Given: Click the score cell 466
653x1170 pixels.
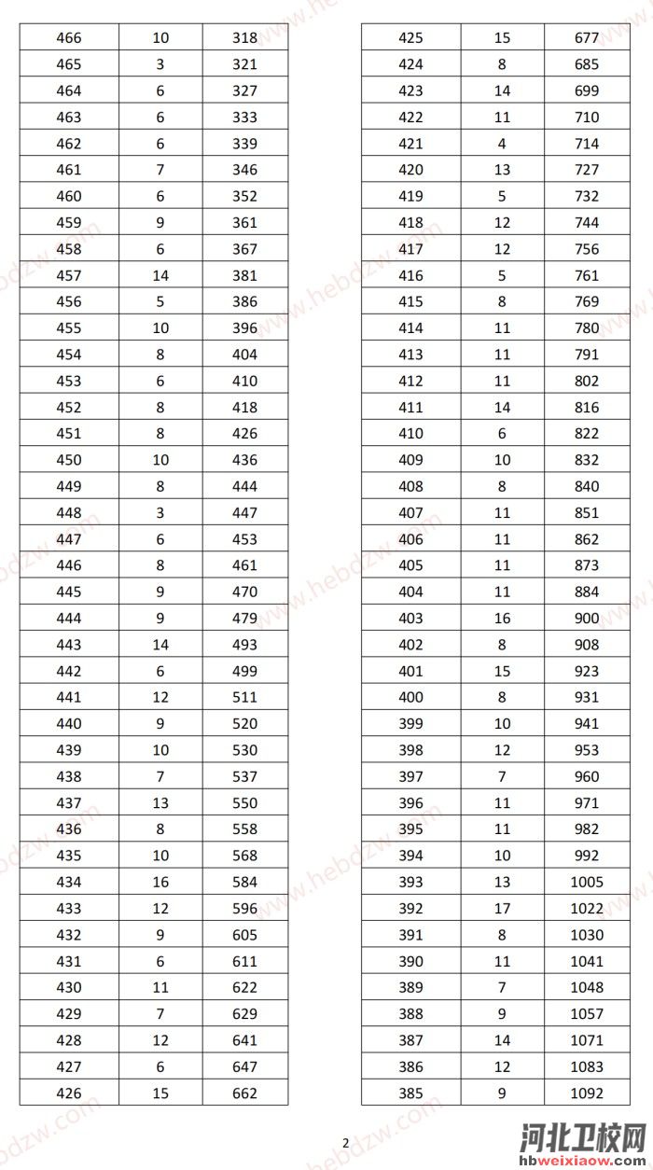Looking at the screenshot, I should [69, 38].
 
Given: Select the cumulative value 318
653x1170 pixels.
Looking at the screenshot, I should [244, 38].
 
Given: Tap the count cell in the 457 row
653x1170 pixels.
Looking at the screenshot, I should [160, 275].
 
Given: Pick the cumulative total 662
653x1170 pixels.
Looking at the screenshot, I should [244, 1093].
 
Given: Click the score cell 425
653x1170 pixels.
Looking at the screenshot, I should [410, 38].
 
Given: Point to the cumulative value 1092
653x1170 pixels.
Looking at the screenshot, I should [588, 1093].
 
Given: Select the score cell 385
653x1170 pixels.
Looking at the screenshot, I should [410, 1093].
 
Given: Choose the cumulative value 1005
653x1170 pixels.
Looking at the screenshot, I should [588, 882].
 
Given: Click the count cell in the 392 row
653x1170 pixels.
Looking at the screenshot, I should [502, 909].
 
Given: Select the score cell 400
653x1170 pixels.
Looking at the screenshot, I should [410, 697].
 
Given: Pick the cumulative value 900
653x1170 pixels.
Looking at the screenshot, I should [588, 618].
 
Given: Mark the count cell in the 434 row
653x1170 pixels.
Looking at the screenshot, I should [160, 882].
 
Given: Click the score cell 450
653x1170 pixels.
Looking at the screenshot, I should [69, 460].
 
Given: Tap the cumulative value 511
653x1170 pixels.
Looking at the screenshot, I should [244, 697].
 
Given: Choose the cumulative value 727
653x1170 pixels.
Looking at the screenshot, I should [588, 170].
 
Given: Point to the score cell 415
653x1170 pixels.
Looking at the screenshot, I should [410, 301].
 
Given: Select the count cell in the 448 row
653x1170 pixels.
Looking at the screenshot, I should [160, 512].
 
